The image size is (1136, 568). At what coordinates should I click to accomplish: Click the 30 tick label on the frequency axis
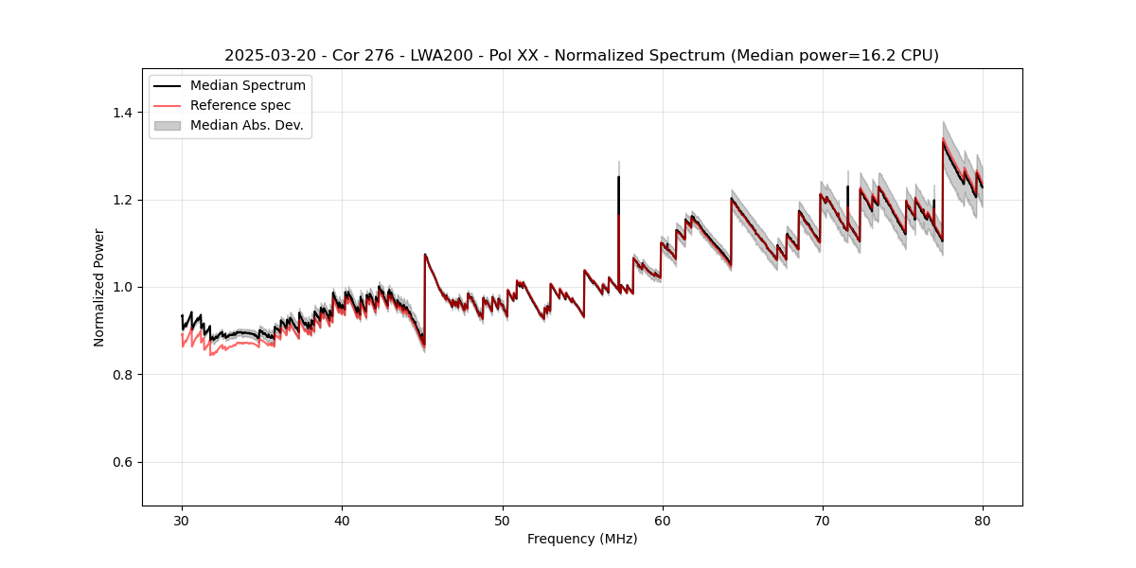pyautogui.click(x=182, y=520)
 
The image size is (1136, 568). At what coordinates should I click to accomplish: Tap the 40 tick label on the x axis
pyautogui.click(x=342, y=520)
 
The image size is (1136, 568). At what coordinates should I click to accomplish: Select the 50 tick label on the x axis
pyautogui.click(x=502, y=520)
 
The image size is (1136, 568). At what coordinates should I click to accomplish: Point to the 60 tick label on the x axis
pyautogui.click(x=663, y=520)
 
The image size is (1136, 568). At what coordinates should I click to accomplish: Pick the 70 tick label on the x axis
pyautogui.click(x=823, y=520)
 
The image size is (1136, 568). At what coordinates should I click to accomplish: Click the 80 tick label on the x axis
pyautogui.click(x=983, y=520)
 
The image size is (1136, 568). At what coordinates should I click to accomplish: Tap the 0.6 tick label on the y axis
pyautogui.click(x=123, y=462)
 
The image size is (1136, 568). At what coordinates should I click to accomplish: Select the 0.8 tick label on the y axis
pyautogui.click(x=123, y=375)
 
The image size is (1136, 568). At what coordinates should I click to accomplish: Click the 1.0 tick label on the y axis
pyautogui.click(x=123, y=287)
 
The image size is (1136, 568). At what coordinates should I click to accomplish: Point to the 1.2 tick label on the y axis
pyautogui.click(x=123, y=200)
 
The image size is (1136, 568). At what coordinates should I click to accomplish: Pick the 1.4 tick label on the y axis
pyautogui.click(x=123, y=113)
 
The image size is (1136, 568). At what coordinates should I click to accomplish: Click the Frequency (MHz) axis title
pyautogui.click(x=582, y=539)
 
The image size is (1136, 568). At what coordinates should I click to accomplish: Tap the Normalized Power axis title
pyautogui.click(x=99, y=287)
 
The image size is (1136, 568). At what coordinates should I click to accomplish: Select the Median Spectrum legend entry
pyautogui.click(x=247, y=86)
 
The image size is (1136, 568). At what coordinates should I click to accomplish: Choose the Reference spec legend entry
pyautogui.click(x=240, y=105)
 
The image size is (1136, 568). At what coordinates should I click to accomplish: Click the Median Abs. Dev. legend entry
pyautogui.click(x=246, y=125)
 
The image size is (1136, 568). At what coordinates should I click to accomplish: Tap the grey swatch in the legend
pyautogui.click(x=169, y=125)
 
